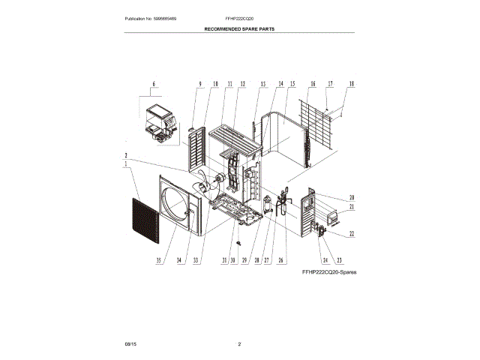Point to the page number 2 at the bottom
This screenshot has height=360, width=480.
[x=239, y=343]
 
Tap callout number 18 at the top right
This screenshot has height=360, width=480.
[x=351, y=84]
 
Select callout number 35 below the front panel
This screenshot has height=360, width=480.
[x=159, y=260]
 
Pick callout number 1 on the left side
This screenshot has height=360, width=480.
[x=127, y=164]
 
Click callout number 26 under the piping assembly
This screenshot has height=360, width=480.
[x=282, y=260]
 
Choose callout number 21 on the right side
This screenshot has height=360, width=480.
[x=351, y=206]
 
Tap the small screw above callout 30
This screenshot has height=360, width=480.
[x=238, y=242]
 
